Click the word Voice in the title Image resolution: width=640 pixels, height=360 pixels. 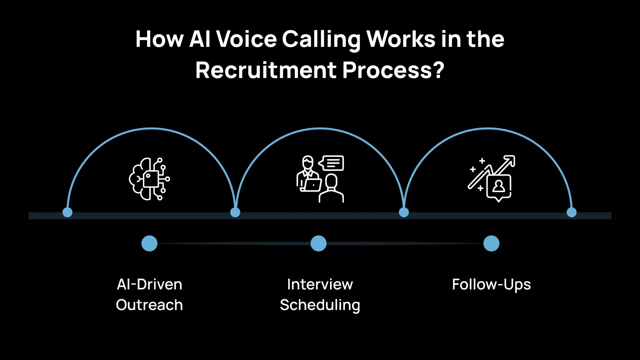tap(247, 39)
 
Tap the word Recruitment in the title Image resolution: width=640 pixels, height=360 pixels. tap(266, 70)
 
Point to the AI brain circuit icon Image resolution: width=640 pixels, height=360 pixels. tap(149, 179)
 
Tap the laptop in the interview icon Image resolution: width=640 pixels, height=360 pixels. tap(312, 185)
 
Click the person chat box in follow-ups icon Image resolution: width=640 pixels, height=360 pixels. tap(499, 187)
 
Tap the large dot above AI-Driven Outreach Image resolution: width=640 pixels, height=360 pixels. tap(149, 243)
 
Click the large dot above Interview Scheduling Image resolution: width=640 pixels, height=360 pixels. tap(319, 243)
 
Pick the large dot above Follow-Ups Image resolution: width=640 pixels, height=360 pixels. tap(491, 243)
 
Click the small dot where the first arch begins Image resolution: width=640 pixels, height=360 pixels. tap(67, 212)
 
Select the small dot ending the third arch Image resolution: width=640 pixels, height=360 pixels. tap(572, 212)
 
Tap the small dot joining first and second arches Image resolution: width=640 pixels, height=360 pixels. tap(235, 212)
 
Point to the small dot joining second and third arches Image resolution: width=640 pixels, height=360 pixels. tap(404, 212)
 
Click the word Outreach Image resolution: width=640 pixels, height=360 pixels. tap(149, 305)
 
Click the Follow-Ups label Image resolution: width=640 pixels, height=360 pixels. tap(491, 285)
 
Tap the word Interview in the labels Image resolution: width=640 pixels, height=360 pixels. tap(320, 285)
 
